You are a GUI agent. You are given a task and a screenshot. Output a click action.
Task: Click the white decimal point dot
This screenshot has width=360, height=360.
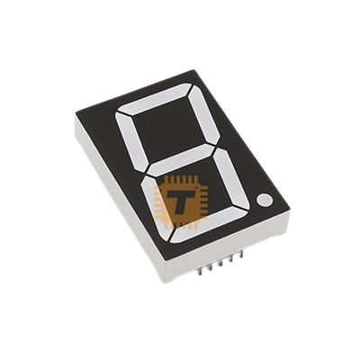point(264,199)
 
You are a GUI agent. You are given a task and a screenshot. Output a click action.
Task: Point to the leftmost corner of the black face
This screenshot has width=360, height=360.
point(74,117)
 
